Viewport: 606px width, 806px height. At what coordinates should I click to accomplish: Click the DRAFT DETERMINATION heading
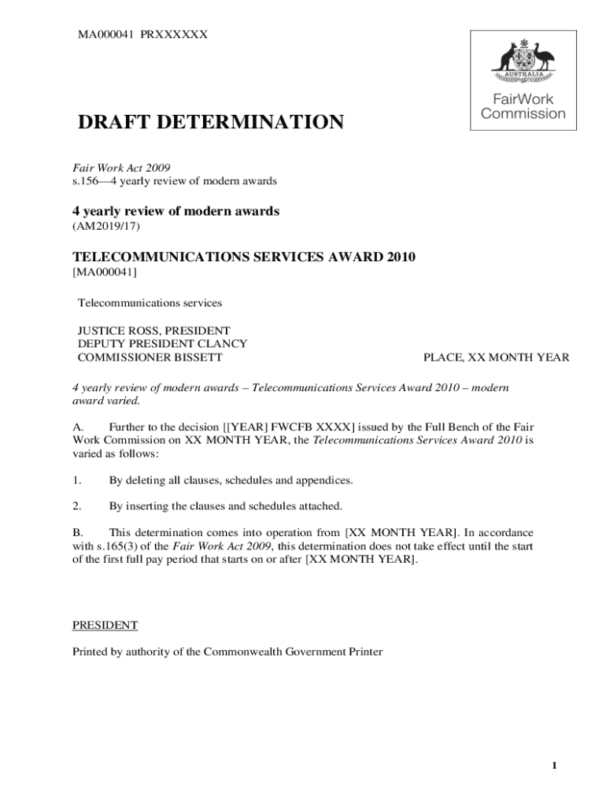(209, 123)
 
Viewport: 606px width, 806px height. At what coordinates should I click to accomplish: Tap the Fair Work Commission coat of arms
(523, 60)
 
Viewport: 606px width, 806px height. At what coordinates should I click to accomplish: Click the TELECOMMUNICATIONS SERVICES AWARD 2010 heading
(244, 257)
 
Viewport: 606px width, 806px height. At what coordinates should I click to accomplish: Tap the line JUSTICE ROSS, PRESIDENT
(153, 330)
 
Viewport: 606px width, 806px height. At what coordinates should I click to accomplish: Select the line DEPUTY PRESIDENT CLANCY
(162, 343)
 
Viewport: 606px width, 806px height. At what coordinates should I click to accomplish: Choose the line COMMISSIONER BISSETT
(150, 357)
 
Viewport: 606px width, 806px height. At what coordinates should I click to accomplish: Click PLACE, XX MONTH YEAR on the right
(496, 357)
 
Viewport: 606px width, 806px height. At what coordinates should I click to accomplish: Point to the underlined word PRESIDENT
(105, 625)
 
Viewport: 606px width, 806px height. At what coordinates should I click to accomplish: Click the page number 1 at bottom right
(554, 767)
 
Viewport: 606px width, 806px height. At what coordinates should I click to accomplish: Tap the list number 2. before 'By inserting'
(77, 505)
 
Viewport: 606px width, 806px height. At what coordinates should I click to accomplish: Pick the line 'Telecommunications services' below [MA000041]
(150, 302)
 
